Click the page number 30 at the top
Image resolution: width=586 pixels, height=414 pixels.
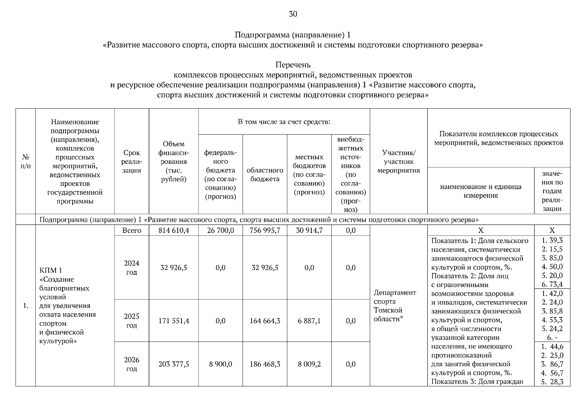(x=293, y=14)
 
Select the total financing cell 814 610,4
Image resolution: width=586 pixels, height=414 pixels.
(x=174, y=230)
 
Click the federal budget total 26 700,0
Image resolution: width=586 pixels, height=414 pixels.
(x=221, y=230)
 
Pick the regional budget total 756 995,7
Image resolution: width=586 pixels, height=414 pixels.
(x=265, y=230)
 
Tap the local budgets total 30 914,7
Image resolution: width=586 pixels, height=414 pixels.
(x=309, y=230)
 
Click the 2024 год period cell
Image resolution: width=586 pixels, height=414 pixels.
(x=131, y=268)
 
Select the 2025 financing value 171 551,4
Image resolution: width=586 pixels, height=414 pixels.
(x=174, y=321)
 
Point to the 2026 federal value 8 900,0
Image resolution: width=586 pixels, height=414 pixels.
(x=221, y=364)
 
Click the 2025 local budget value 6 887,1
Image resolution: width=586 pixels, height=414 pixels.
(x=309, y=321)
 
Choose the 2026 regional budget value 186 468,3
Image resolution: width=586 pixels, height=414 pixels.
(x=265, y=364)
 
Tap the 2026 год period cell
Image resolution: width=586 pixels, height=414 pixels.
(x=131, y=364)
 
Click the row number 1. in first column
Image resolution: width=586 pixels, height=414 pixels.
(x=26, y=306)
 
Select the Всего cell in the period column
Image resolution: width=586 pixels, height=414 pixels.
(x=131, y=230)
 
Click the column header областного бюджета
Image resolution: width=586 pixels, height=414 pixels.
(x=265, y=175)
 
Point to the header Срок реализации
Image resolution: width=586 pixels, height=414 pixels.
(x=131, y=161)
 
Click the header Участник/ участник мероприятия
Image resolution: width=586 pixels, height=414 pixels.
(x=399, y=161)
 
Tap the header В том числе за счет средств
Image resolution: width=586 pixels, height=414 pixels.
(x=284, y=122)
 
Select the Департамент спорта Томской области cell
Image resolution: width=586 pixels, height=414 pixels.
(x=394, y=306)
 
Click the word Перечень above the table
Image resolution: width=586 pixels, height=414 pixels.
(x=293, y=65)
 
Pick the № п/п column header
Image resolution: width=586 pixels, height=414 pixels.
(x=26, y=161)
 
